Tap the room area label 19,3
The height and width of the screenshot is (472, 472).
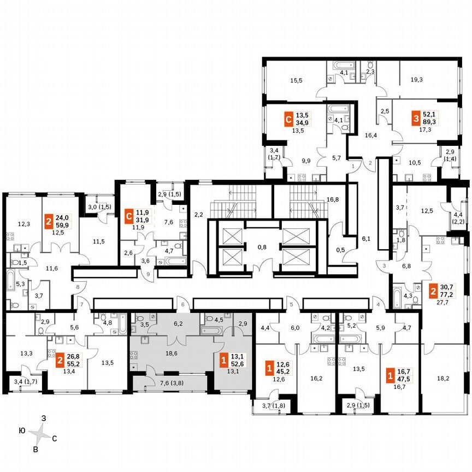pyautogui.click(x=416, y=80)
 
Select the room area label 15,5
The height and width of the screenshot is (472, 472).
pyautogui.click(x=296, y=80)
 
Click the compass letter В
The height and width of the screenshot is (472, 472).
pyautogui.click(x=36, y=449)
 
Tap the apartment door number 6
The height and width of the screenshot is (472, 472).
pyautogui.click(x=183, y=305)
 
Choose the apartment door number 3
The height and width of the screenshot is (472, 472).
pyautogui.click(x=384, y=265)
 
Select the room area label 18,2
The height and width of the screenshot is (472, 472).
pyautogui.click(x=443, y=377)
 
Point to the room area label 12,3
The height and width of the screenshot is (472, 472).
pyautogui.click(x=24, y=224)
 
